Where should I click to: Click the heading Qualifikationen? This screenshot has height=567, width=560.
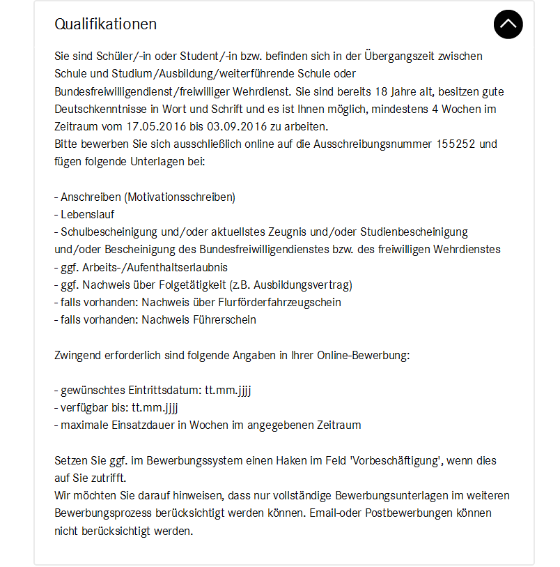coord(105,24)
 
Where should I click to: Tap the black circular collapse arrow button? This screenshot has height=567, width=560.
coord(508,24)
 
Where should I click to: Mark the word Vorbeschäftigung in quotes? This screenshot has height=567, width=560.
coord(397,461)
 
